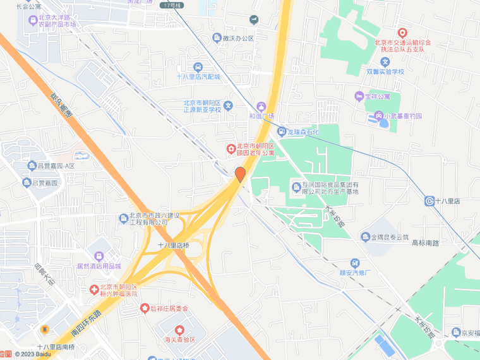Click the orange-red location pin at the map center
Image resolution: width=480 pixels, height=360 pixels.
(x=240, y=174)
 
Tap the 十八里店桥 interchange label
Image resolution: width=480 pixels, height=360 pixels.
(x=173, y=245)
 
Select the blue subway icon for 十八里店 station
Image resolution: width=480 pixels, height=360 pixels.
(x=430, y=201)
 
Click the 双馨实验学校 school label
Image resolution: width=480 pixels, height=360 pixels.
(x=385, y=71)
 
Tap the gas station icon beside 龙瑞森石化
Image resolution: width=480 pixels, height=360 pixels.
(x=282, y=132)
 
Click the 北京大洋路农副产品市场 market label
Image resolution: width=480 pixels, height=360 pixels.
(x=57, y=21)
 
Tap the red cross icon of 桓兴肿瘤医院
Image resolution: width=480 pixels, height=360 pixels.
(x=93, y=289)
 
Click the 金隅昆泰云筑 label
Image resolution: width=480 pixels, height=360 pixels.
(x=386, y=237)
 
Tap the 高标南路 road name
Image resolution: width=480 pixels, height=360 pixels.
(x=424, y=243)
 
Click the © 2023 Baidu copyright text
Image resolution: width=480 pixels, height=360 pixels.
(x=33, y=354)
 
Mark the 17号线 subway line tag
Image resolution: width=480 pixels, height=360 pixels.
(x=171, y=5)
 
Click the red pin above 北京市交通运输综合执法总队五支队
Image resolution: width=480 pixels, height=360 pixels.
(x=402, y=32)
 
